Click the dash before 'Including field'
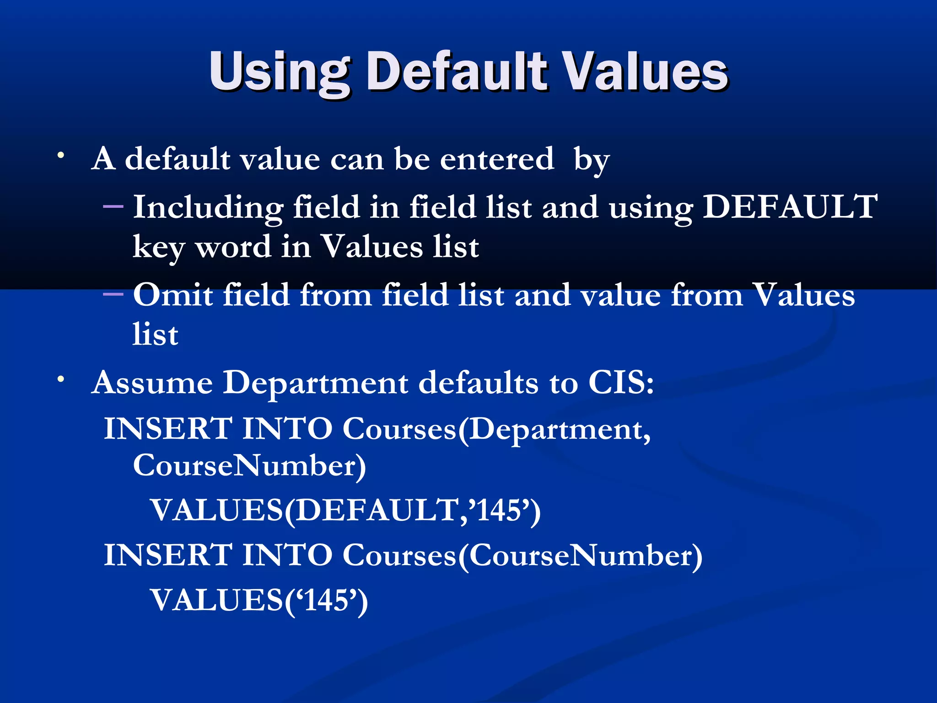pyautogui.click(x=113, y=207)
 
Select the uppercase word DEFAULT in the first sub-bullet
pyautogui.click(x=790, y=207)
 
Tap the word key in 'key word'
pyautogui.click(x=158, y=247)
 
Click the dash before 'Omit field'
pyautogui.click(x=113, y=294)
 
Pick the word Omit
pyautogui.click(x=172, y=295)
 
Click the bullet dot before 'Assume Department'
pyautogui.click(x=60, y=379)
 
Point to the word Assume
pyautogui.click(x=152, y=383)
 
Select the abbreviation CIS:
pyautogui.click(x=621, y=382)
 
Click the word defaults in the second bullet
pyautogui.click(x=479, y=382)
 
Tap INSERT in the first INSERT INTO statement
pyautogui.click(x=168, y=429)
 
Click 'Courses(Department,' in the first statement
pyautogui.click(x=497, y=430)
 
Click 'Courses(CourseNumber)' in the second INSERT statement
pyautogui.click(x=522, y=556)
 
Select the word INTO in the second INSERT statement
pyautogui.click(x=287, y=555)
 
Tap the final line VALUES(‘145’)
pyautogui.click(x=259, y=600)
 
